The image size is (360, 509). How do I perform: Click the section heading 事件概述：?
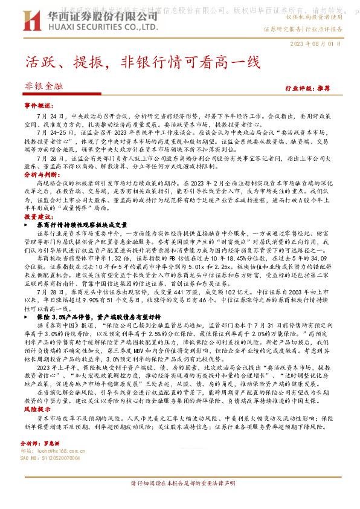click(39, 105)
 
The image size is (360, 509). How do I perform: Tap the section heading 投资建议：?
click(39, 216)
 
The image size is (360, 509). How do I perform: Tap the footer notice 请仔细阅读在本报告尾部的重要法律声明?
click(179, 501)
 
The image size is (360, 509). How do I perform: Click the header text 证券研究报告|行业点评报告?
click(303, 29)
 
